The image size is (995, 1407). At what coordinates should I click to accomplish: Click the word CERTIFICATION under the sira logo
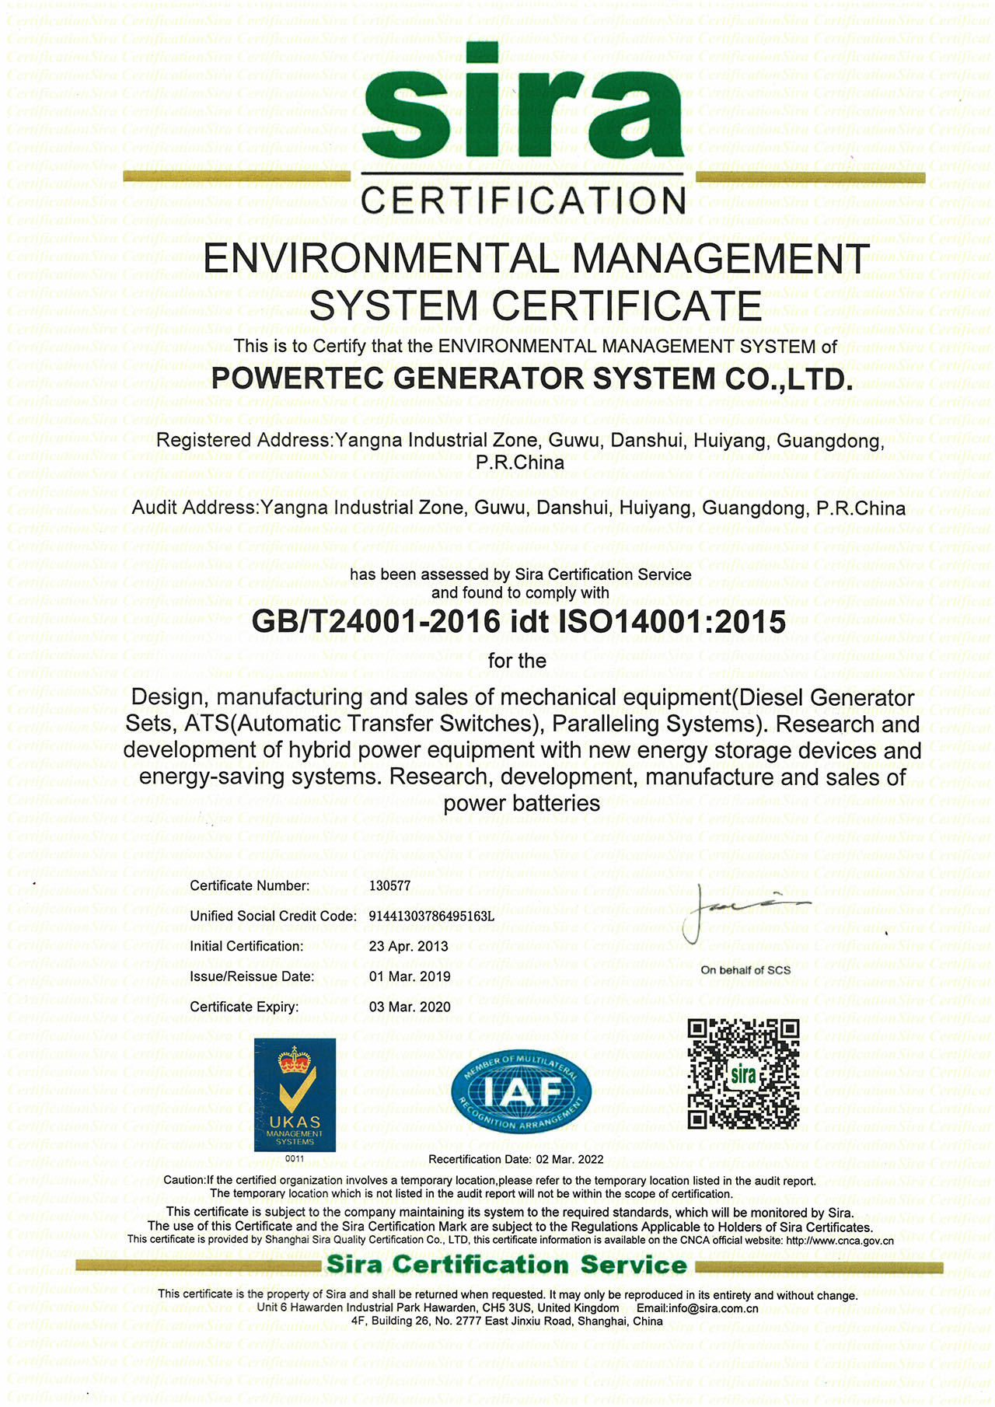pos(522,201)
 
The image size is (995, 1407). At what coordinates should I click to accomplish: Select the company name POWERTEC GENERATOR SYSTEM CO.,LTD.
pos(532,379)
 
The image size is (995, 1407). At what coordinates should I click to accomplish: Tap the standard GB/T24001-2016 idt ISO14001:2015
pos(518,621)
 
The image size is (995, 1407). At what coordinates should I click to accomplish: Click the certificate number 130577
pos(389,885)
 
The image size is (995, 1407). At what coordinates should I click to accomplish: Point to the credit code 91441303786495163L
pos(431,916)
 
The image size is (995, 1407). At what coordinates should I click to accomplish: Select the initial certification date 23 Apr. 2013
pos(408,946)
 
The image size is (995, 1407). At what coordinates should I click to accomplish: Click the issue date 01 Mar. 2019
pos(410,976)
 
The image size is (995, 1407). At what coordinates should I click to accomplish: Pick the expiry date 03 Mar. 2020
pos(410,1007)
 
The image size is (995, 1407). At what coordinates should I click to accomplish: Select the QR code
pos(743,1074)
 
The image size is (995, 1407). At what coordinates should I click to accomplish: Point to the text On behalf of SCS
pos(745,970)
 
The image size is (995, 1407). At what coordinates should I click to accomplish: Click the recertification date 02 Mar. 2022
pos(569,1159)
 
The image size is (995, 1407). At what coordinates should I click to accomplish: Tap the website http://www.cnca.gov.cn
pos(840,1241)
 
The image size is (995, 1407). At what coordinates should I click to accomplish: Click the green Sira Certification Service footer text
pos(506,1266)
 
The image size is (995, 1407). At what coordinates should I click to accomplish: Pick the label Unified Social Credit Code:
pos(273,916)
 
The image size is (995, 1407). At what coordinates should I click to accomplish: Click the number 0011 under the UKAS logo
pos(295,1159)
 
